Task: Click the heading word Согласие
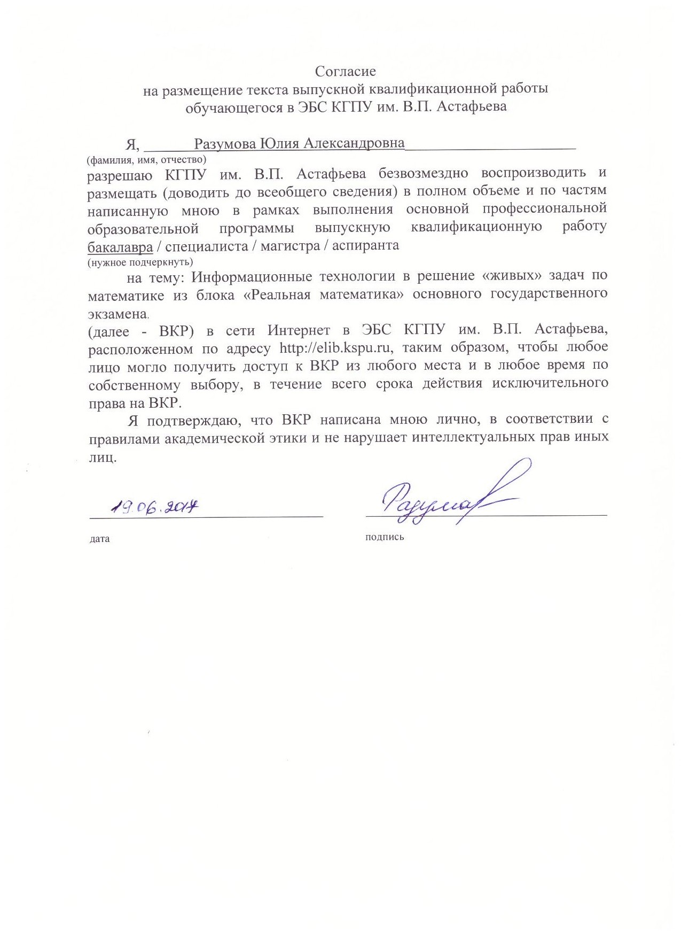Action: pos(345,71)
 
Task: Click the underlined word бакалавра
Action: pos(120,246)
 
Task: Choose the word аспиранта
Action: pos(365,245)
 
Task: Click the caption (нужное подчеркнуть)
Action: pos(140,262)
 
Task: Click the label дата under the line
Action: pos(100,539)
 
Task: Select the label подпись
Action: pos(385,537)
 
